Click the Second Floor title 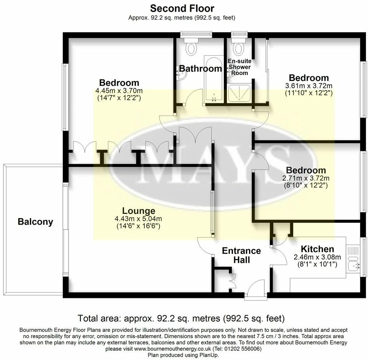pyautogui.click(x=182, y=8)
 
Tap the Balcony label pyautogui.click(x=35, y=222)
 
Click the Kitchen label pyautogui.click(x=317, y=249)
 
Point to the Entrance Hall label pyautogui.click(x=241, y=255)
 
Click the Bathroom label pyautogui.click(x=200, y=68)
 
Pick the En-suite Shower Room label pyautogui.click(x=240, y=67)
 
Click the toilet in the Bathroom pyautogui.click(x=192, y=48)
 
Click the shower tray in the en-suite pyautogui.click(x=239, y=93)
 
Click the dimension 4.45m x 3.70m pyautogui.click(x=119, y=91)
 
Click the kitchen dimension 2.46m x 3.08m pyautogui.click(x=317, y=257)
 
